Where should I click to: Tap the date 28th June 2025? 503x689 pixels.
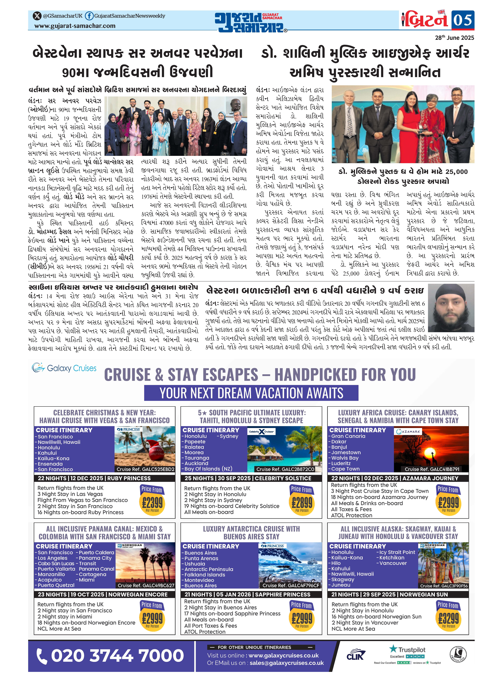(454, 38)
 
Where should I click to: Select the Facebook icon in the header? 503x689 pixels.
(89, 16)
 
